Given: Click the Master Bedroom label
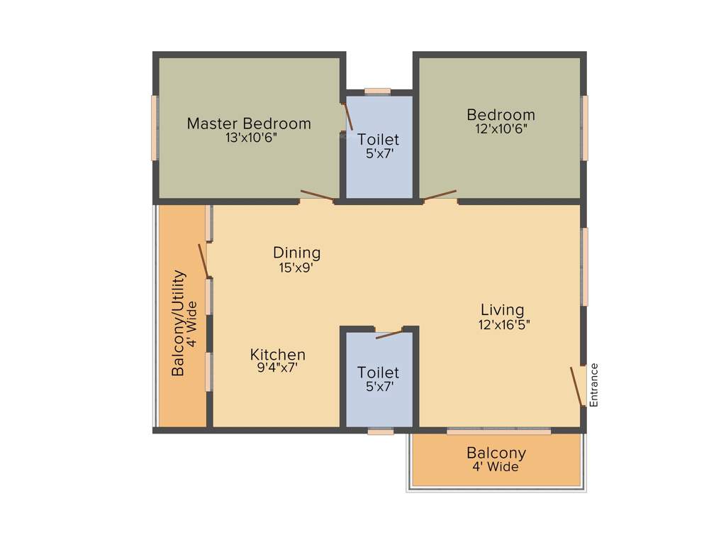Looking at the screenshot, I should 249,123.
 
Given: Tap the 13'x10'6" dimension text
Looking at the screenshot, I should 251,138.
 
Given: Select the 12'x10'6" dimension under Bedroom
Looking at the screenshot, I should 501,129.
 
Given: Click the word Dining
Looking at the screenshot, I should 296,253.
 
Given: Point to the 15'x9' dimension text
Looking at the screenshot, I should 296,268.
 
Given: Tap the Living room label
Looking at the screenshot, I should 502,310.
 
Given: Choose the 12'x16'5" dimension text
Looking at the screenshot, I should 504,325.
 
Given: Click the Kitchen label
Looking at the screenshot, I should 278,354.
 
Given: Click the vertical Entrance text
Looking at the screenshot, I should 594,385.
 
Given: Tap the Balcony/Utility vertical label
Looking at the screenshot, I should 179,323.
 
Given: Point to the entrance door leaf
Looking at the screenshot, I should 577,387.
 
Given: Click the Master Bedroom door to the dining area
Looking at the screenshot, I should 316,197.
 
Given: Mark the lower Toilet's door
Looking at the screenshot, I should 389,334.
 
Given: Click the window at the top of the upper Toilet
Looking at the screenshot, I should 377,91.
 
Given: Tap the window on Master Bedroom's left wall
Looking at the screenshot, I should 154,128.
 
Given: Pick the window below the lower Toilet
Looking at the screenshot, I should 381,431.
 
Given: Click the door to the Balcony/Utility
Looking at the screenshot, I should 203,260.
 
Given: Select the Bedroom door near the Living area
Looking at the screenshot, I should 440,195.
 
